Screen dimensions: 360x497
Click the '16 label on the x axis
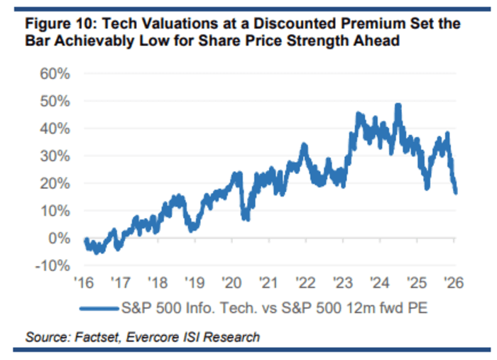pos(84,283)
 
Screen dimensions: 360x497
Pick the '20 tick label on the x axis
pos(232,283)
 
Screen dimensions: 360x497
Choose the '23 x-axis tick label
pos(343,283)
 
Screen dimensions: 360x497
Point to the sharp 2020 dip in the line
pos(246,217)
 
